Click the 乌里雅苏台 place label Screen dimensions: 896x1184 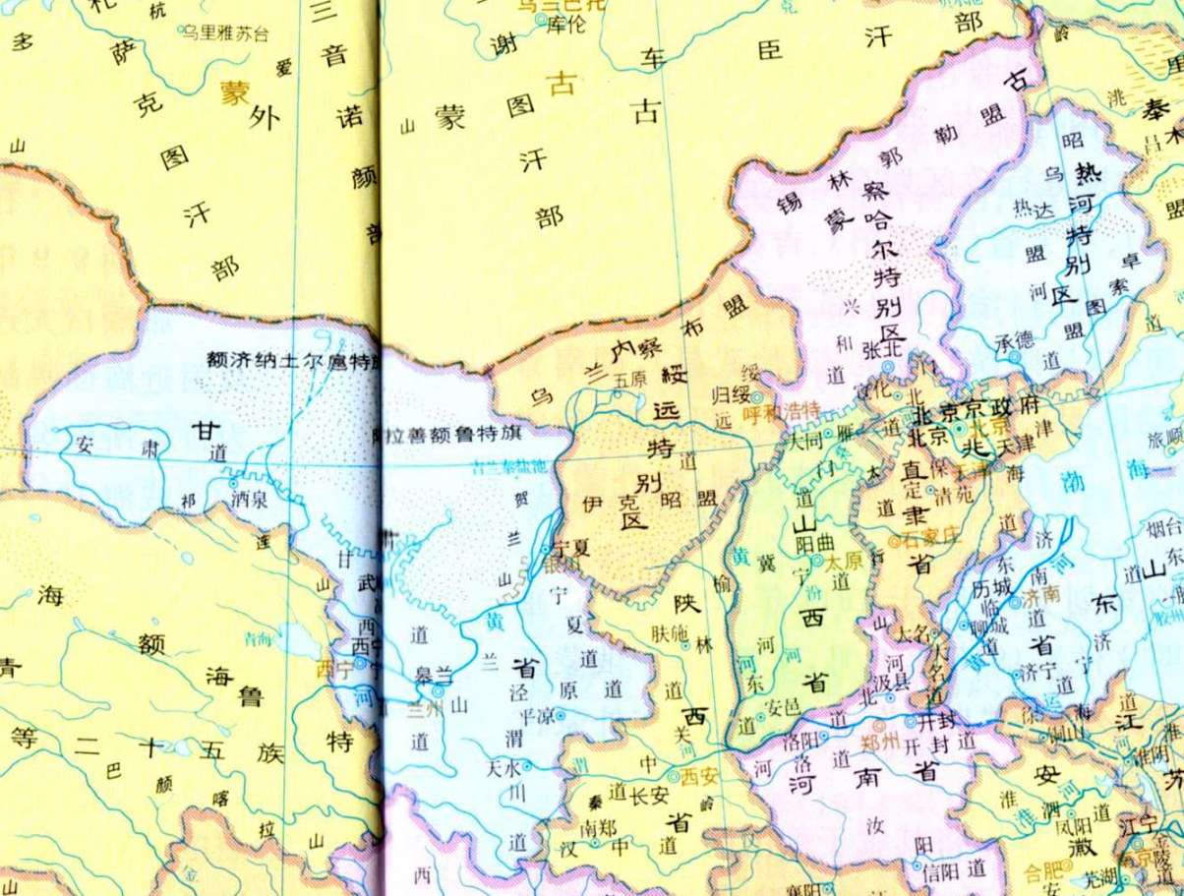pyautogui.click(x=222, y=31)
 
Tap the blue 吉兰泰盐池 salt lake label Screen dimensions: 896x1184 pyautogui.click(x=511, y=466)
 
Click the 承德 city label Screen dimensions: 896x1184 pyautogui.click(x=1016, y=341)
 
